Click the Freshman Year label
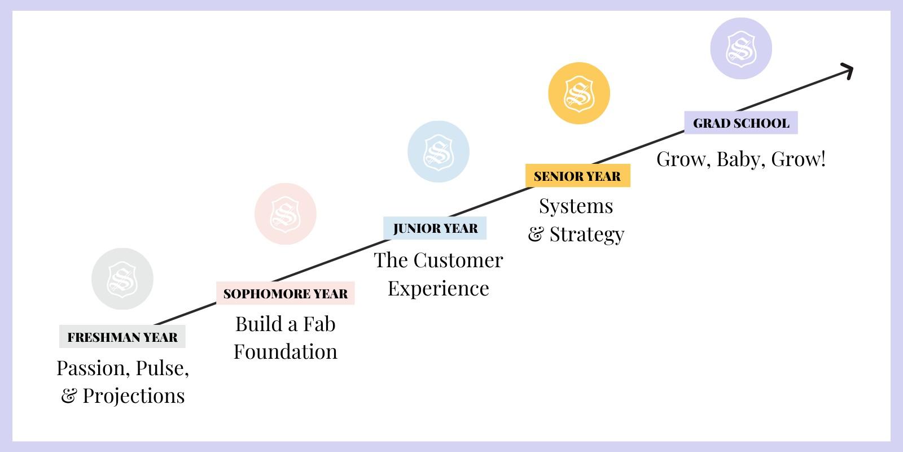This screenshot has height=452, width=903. pos(122,337)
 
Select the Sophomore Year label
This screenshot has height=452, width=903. pos(286,293)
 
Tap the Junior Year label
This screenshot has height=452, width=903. pos(435,228)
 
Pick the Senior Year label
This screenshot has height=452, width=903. pos(577,176)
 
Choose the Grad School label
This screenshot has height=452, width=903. pos(741,123)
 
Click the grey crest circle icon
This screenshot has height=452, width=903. pos(122,279)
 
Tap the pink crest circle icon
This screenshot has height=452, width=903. pos(285,214)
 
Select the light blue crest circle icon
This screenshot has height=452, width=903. pos(439,151)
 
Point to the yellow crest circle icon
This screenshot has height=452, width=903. pos(579,93)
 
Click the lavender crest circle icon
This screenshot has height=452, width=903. pos(740,48)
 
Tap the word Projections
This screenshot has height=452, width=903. pos(134,395)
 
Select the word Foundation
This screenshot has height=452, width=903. pos(286,351)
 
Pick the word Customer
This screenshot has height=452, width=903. pos(458,260)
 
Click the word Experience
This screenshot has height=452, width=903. pos(439,288)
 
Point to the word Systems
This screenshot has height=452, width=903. pos(576,206)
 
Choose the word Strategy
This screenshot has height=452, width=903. pos(587,234)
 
